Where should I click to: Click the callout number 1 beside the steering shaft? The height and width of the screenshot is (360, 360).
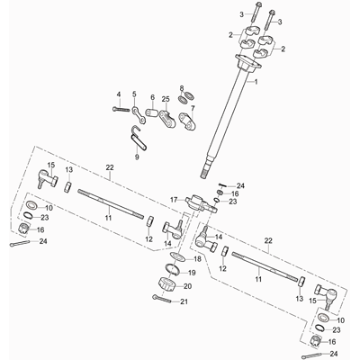pyautogui.click(x=256, y=81)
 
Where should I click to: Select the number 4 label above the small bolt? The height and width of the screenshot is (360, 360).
pyautogui.click(x=119, y=94)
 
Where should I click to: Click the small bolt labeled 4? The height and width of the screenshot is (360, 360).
pyautogui.click(x=121, y=109)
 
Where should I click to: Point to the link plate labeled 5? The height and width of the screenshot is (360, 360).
pyautogui.click(x=139, y=115)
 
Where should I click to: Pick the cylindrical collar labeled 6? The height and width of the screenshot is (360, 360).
pyautogui.click(x=153, y=113)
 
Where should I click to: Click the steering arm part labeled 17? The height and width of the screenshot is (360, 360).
pyautogui.click(x=202, y=203)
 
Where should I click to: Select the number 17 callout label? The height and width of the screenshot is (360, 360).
pyautogui.click(x=175, y=199)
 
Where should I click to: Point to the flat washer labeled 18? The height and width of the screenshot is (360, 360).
pyautogui.click(x=178, y=256)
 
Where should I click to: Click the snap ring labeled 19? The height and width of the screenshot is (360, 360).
pyautogui.click(x=172, y=269)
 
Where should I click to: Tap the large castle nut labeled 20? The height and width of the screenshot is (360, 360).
pyautogui.click(x=167, y=284)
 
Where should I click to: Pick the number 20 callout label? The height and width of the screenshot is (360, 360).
pyautogui.click(x=187, y=286)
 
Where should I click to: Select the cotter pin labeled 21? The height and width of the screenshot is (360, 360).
pyautogui.click(x=162, y=299)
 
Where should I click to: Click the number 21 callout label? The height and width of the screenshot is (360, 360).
pyautogui.click(x=184, y=301)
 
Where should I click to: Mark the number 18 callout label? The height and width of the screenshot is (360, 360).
pyautogui.click(x=197, y=259)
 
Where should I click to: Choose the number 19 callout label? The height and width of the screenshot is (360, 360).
pyautogui.click(x=192, y=273)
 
